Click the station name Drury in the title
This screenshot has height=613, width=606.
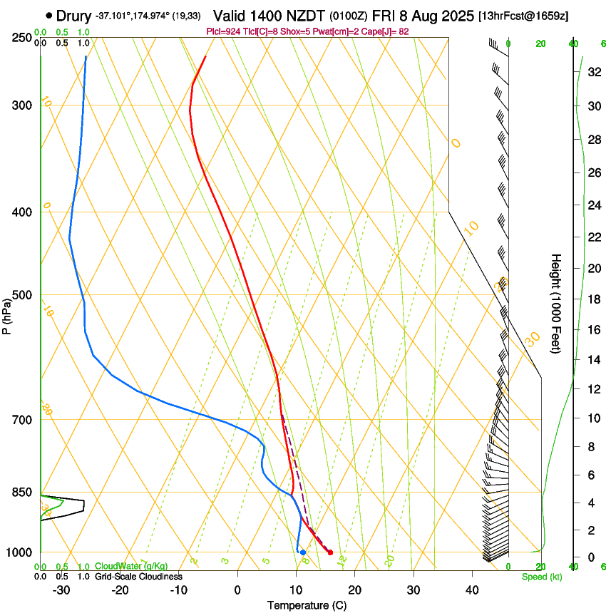coord(74,16)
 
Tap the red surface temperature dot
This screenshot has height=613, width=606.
coord(330,552)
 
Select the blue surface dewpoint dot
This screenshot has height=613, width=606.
coord(303,552)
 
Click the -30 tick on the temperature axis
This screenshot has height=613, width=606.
coord(61,590)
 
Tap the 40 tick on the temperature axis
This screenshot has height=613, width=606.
coord(471,590)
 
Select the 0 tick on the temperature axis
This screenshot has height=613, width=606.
coord(237,590)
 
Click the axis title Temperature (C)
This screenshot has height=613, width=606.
coord(307,605)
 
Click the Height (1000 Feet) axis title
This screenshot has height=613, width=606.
coord(556,303)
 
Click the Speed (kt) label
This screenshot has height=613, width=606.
coord(541,577)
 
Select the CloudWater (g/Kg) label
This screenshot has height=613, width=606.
coord(131,567)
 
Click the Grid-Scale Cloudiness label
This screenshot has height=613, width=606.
coord(138,577)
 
